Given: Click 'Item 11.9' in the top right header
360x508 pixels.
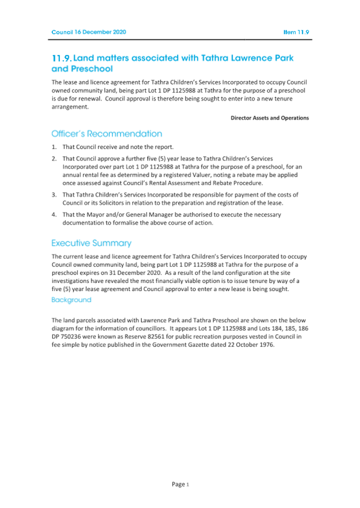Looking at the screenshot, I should tap(296, 32).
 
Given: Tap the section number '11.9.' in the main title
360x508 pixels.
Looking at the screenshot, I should tap(62, 58).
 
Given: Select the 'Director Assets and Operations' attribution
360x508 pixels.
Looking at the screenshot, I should tap(269, 118).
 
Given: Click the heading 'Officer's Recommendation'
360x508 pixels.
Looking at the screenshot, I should tap(107, 133).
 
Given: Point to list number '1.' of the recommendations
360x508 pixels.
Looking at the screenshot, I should tap(54, 147).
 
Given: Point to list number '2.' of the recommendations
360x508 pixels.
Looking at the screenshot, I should tap(54, 159).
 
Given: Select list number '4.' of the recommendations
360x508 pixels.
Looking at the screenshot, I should tap(54, 214).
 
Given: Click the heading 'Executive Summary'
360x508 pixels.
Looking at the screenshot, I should tap(91, 243).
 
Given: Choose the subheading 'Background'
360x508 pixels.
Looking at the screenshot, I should tap(71, 300).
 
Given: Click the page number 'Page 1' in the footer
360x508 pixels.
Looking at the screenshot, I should tap(180, 484).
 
